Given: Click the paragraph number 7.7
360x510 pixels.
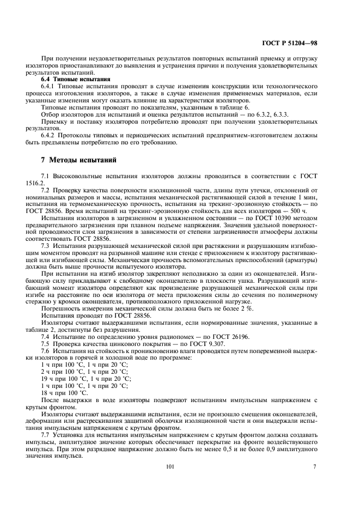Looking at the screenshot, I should click(x=48, y=436).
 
